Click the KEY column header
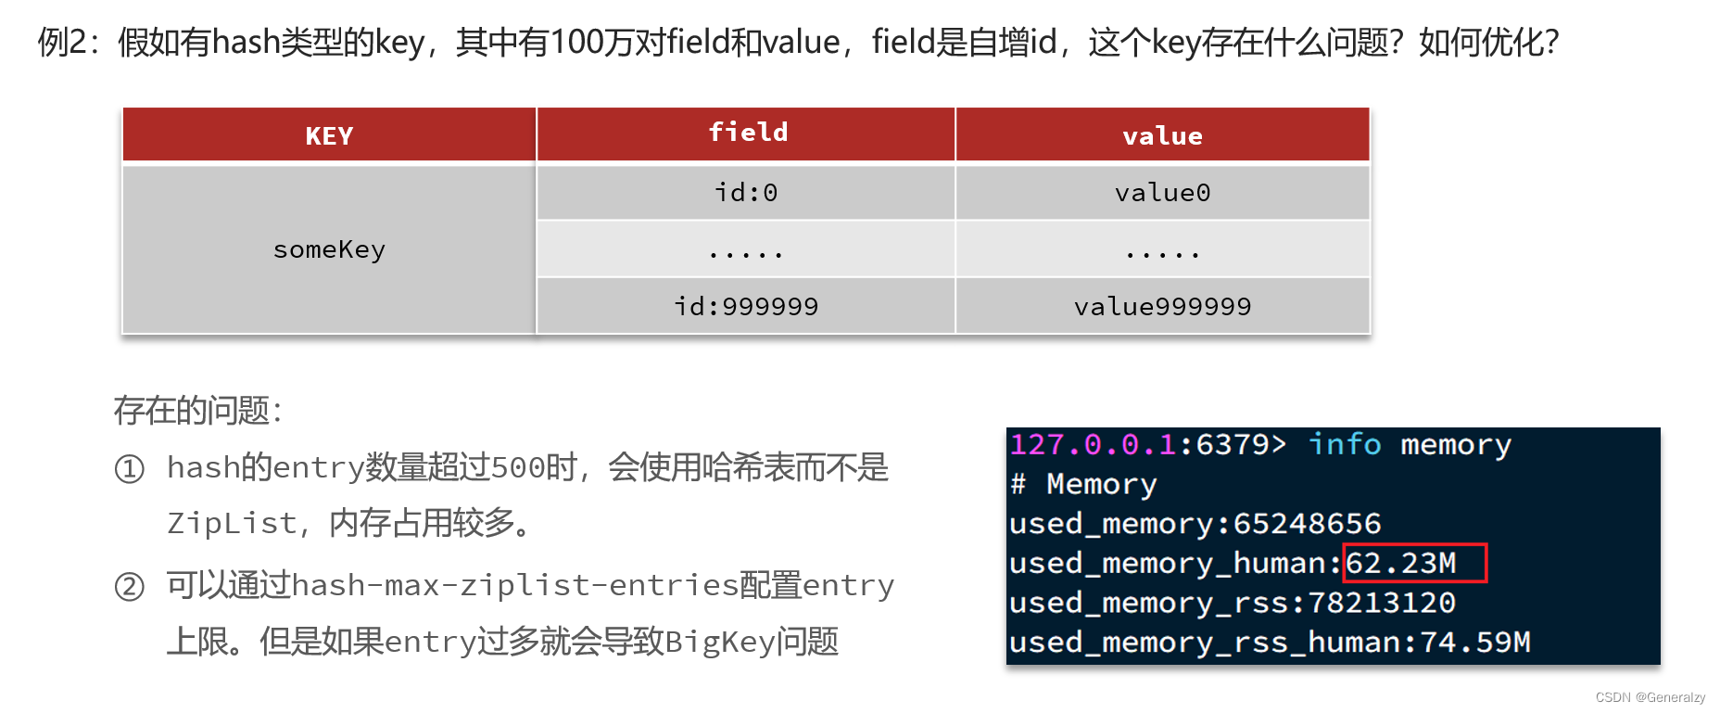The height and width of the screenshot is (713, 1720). click(x=329, y=136)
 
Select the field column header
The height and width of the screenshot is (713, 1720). click(x=747, y=133)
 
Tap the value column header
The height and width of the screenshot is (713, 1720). click(x=1162, y=136)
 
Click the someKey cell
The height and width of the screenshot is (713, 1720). click(x=329, y=249)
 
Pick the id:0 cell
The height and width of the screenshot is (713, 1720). click(x=746, y=193)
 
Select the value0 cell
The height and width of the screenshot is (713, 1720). click(x=1162, y=193)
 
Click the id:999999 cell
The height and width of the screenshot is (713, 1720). click(x=746, y=306)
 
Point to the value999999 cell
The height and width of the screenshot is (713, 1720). click(x=1162, y=306)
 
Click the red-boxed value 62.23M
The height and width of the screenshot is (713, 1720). click(x=1401, y=563)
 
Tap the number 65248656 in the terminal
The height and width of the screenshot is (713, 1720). click(x=1307, y=524)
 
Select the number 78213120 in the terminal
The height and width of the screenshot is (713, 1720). click(x=1381, y=603)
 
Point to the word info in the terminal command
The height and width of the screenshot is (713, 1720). click(x=1344, y=445)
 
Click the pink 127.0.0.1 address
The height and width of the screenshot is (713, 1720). click(x=1093, y=445)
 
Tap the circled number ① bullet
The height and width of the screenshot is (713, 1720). click(x=129, y=469)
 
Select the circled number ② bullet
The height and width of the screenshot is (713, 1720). click(x=129, y=587)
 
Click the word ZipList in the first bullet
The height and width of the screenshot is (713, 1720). click(x=232, y=524)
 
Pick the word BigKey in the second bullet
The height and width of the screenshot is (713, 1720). click(x=719, y=642)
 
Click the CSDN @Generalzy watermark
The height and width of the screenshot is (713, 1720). click(x=1650, y=697)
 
